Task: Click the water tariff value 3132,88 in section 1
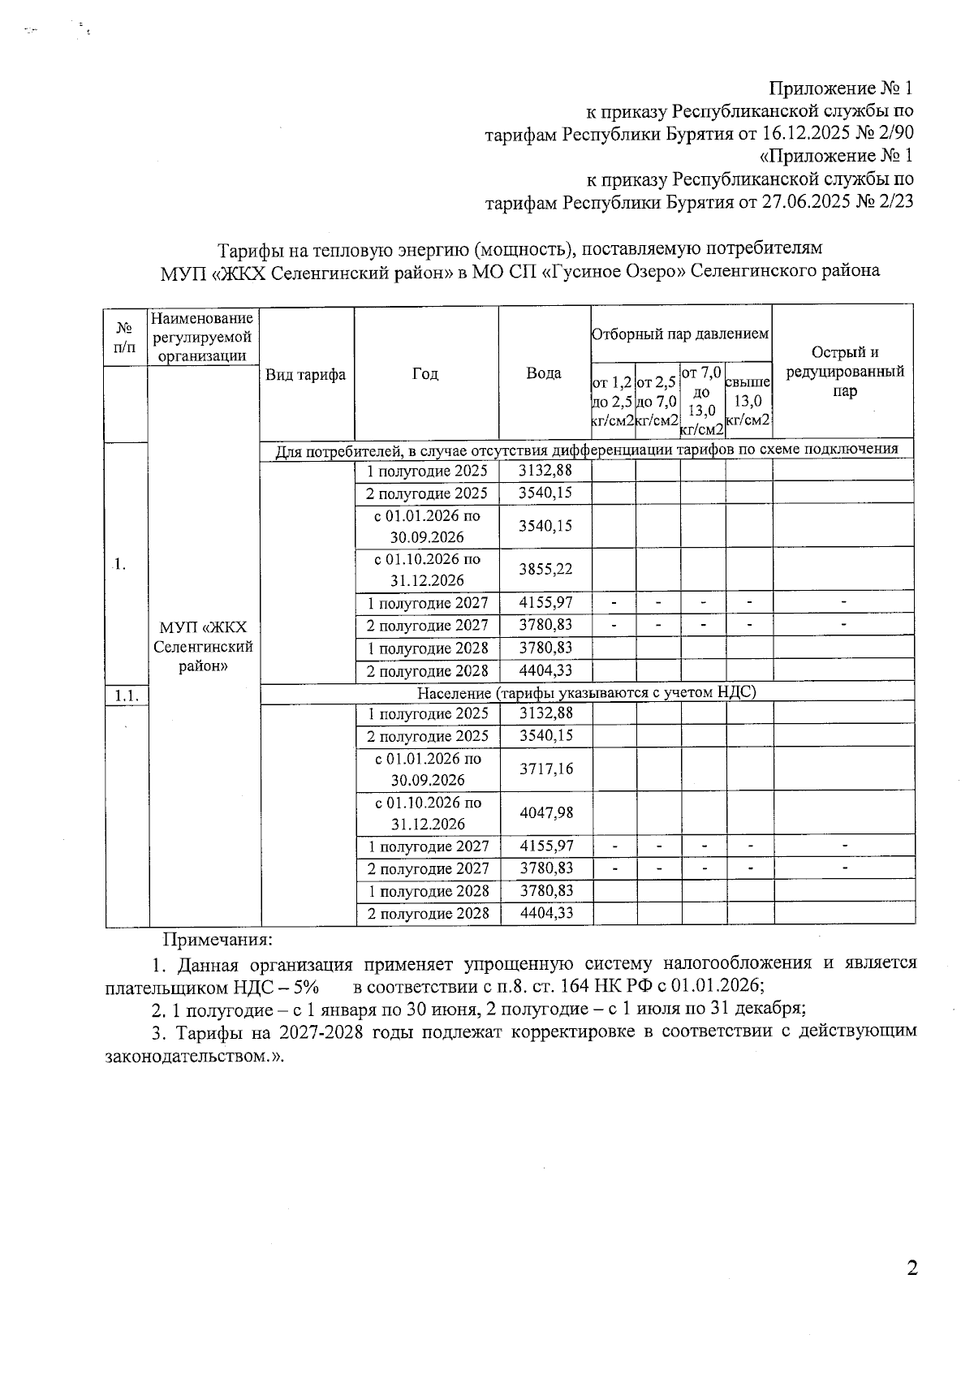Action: pos(545,471)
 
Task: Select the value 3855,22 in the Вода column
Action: pos(545,569)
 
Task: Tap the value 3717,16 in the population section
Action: pos(546,769)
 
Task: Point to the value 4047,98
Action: pos(546,812)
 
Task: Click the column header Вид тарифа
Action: pos(306,374)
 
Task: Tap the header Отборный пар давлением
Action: pos(680,334)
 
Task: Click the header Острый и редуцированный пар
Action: pos(844,372)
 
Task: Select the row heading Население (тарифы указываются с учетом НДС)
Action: pos(586,692)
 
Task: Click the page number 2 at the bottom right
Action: pos(912,1268)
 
